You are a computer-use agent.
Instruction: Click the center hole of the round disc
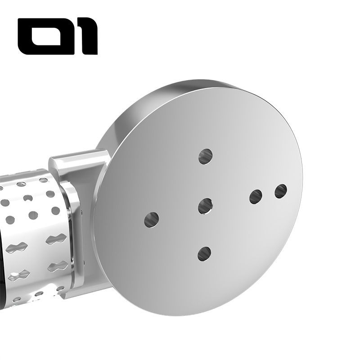[205, 206]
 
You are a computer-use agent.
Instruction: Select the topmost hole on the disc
[205, 156]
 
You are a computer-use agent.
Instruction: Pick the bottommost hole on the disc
[204, 254]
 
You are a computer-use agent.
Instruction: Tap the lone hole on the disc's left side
[151, 219]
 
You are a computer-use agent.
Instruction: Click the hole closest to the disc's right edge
[281, 191]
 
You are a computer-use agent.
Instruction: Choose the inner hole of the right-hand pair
[256, 197]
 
